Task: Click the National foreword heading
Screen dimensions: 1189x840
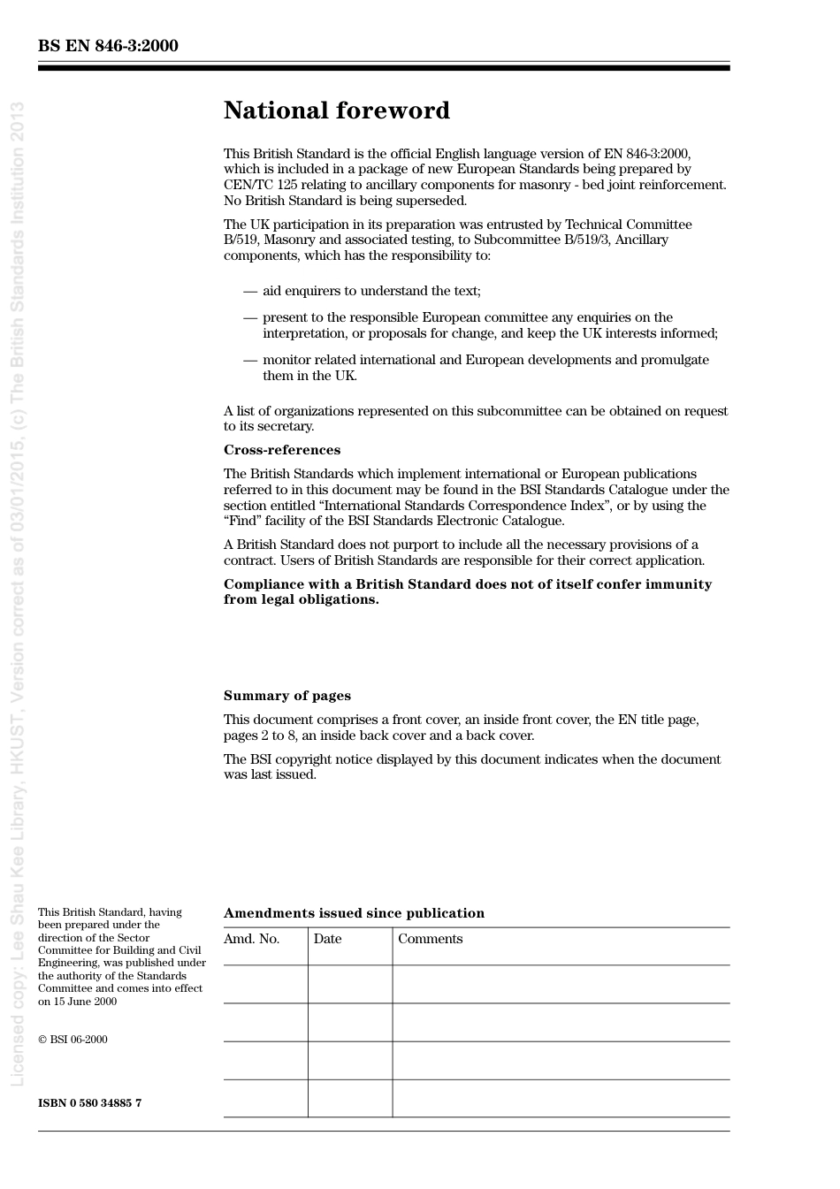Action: pos(336,111)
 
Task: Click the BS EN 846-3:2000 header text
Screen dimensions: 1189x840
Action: pos(108,46)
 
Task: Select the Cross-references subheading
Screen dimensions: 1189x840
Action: pos(281,450)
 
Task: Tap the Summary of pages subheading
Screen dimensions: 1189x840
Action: pos(286,696)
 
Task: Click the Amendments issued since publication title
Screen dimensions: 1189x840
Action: pos(354,913)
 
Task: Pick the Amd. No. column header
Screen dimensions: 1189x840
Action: pos(251,939)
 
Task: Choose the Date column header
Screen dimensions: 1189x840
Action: pos(327,939)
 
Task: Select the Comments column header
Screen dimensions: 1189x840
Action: pos(430,939)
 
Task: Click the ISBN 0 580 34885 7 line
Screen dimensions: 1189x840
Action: pos(89,1103)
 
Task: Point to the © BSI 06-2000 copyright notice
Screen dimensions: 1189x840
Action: pos(73,1040)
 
